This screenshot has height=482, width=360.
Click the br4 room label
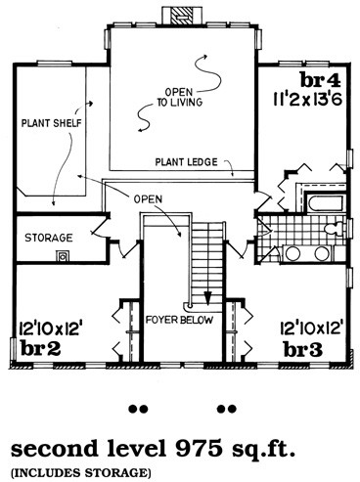click(x=320, y=80)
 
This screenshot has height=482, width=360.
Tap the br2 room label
click(x=40, y=348)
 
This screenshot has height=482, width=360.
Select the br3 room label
click(x=303, y=350)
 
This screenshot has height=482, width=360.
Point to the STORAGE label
click(x=49, y=238)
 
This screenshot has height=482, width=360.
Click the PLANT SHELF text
click(x=51, y=123)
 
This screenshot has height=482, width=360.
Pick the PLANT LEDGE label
click(x=186, y=162)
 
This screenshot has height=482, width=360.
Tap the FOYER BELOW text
click(x=179, y=320)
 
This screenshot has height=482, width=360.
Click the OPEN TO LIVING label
click(x=179, y=97)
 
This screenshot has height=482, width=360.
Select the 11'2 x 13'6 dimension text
click(x=307, y=99)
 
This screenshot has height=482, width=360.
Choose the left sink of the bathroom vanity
click(x=292, y=253)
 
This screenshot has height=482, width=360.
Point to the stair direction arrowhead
click(x=207, y=298)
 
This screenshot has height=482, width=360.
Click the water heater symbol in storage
click(x=63, y=255)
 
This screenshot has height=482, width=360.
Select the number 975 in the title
click(x=198, y=448)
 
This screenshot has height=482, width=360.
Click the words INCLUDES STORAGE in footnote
click(x=81, y=472)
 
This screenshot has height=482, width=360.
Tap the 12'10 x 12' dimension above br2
click(x=50, y=329)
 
